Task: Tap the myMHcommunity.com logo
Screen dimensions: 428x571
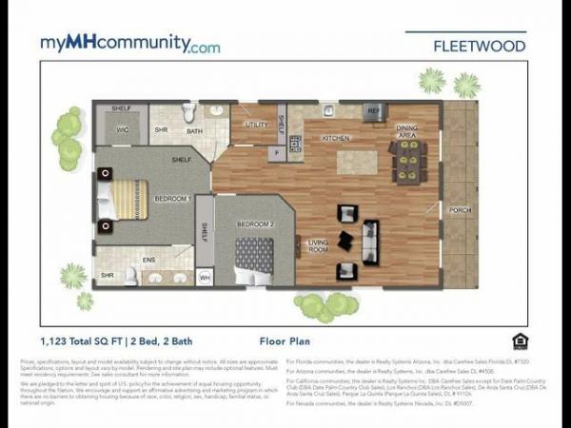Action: tap(130, 44)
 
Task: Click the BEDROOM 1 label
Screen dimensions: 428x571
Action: tap(173, 198)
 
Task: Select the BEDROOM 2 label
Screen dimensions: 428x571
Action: tap(254, 224)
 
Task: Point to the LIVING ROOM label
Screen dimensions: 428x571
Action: tap(317, 245)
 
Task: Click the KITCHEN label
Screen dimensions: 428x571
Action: tap(336, 139)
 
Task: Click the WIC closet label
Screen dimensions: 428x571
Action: tap(123, 130)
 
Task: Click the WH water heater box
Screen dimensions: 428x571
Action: tap(204, 278)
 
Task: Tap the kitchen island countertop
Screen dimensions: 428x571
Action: tap(357, 162)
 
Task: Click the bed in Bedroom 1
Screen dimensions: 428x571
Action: tap(123, 200)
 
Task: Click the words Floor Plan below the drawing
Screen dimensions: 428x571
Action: tap(285, 340)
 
